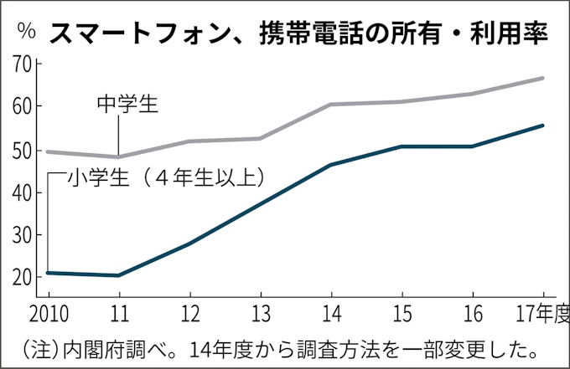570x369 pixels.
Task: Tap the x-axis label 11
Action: [x=118, y=315]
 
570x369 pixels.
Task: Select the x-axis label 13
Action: [x=261, y=315]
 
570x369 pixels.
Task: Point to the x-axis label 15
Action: [x=402, y=315]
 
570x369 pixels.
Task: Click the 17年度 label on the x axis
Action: [x=540, y=315]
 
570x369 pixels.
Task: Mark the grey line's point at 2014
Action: [x=331, y=105]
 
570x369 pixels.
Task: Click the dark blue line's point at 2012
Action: [x=189, y=243]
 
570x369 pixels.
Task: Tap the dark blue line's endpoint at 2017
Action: [x=543, y=126]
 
